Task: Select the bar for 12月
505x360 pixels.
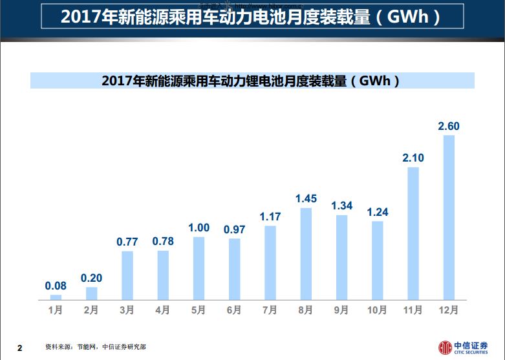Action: tap(449, 218)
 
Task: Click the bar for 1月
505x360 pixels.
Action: tap(56, 297)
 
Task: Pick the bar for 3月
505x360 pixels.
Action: tap(127, 275)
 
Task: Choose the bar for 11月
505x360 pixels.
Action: tap(413, 234)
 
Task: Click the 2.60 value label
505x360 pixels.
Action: tap(449, 127)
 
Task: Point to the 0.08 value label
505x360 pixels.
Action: tap(56, 286)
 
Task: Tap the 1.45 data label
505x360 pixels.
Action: tap(306, 199)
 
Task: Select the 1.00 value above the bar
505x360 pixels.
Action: tap(199, 228)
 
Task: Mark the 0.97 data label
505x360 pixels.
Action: tap(234, 229)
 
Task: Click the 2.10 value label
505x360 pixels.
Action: tap(413, 158)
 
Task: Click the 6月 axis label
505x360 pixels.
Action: tap(234, 310)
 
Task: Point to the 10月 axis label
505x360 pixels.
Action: tap(377, 310)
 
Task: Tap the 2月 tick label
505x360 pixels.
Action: tap(92, 310)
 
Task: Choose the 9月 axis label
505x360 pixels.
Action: tap(341, 310)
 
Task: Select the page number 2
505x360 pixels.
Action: tap(19, 348)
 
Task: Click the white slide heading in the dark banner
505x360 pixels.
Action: tap(252, 16)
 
